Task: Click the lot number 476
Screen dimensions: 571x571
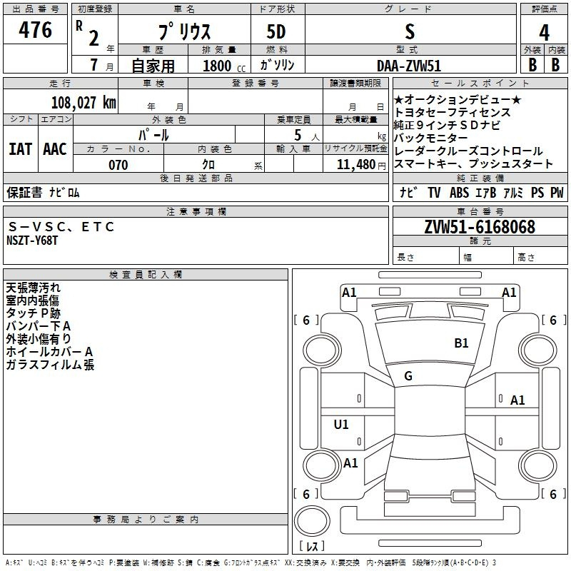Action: [x=35, y=31]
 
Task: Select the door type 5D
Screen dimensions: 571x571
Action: [x=276, y=33]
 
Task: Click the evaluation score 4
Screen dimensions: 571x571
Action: [x=544, y=33]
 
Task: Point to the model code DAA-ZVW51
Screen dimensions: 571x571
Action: [x=409, y=65]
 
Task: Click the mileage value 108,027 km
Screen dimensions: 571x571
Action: [x=84, y=102]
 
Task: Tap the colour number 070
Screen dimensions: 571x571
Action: [x=118, y=165]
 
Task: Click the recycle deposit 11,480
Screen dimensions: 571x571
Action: [x=355, y=165]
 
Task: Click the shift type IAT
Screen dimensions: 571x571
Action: [x=20, y=149]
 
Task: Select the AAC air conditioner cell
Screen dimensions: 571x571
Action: [x=55, y=149]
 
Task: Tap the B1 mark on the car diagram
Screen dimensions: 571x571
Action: [x=461, y=343]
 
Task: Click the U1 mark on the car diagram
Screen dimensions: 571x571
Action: [x=341, y=425]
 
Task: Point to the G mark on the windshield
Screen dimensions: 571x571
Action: [x=408, y=376]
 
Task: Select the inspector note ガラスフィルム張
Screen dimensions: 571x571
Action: [x=50, y=365]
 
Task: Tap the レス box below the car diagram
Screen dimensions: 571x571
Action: [x=311, y=546]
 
